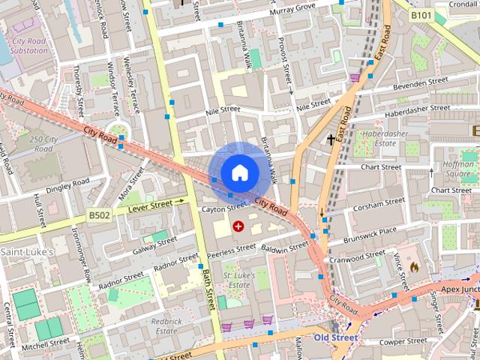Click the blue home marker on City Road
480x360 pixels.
pyautogui.click(x=238, y=173)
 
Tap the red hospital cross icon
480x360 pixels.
pyautogui.click(x=238, y=226)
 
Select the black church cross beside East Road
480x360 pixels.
pyautogui.click(x=330, y=139)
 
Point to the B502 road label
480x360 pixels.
pyautogui.click(x=99, y=215)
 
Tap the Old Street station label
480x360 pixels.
pyautogui.click(x=335, y=338)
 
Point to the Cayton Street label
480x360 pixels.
pyautogui.click(x=223, y=208)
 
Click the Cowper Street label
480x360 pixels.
pyautogui.click(x=402, y=341)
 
